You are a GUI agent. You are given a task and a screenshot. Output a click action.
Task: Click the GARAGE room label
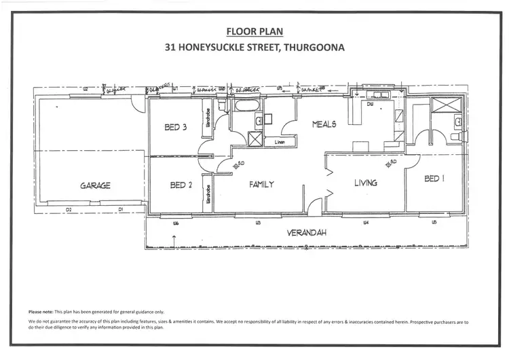point(95,185)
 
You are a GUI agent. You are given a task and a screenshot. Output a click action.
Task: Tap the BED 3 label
point(176,127)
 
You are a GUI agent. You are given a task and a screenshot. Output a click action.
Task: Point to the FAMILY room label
point(262,184)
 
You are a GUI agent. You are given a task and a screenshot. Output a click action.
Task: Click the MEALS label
point(324,124)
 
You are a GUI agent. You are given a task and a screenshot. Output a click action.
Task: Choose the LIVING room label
point(365,183)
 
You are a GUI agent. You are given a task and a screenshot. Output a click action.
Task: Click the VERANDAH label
point(306,232)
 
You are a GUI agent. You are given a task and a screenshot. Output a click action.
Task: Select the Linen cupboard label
point(280,143)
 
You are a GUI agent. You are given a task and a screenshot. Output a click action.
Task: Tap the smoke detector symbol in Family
point(238,165)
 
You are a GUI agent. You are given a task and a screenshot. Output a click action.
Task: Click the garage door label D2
point(69,210)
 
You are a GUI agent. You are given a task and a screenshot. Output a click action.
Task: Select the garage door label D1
point(120,210)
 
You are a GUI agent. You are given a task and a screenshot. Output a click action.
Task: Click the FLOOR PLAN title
point(254,31)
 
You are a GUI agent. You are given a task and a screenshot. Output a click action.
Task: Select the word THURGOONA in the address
point(314,48)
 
